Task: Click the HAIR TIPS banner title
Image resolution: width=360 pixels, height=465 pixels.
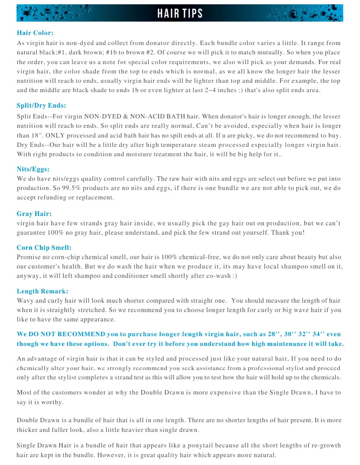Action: pyautogui.click(x=180, y=13)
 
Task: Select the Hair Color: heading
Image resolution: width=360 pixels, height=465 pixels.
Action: pyautogui.click(x=35, y=33)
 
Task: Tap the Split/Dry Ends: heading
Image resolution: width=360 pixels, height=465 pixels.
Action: pyautogui.click(x=41, y=105)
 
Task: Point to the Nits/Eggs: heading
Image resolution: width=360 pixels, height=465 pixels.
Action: pyautogui.click(x=33, y=169)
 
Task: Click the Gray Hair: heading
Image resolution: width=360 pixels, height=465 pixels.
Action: pyautogui.click(x=34, y=214)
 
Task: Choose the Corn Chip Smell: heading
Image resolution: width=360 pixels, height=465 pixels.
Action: pyautogui.click(x=44, y=248)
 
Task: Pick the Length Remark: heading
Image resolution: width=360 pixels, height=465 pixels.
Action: pyautogui.click(x=42, y=291)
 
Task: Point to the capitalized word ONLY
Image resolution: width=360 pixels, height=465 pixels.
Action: pyautogui.click(x=55, y=135)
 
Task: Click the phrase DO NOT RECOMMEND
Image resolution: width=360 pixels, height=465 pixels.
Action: pyautogui.click(x=67, y=334)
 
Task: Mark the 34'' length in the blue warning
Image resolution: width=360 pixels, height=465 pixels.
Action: pyautogui.click(x=318, y=334)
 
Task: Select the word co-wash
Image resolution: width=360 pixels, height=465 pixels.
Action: pyautogui.click(x=218, y=276)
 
